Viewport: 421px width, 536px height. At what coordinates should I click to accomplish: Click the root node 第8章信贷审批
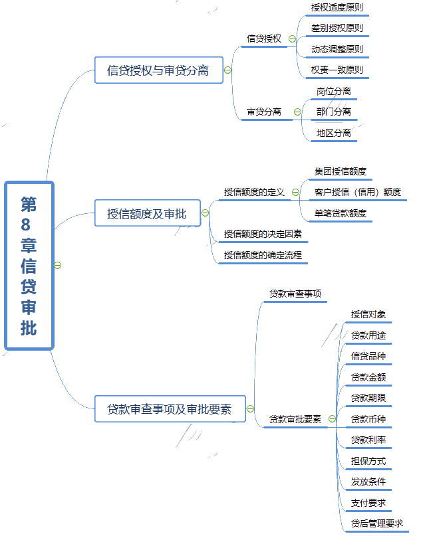[x=29, y=265]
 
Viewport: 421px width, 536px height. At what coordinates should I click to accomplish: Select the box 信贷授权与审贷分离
[x=158, y=70]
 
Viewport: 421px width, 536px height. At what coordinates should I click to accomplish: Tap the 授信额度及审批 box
[x=147, y=214]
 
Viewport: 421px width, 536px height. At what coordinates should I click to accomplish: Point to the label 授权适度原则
[x=337, y=8]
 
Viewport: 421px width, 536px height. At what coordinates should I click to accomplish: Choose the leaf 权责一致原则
[x=337, y=70]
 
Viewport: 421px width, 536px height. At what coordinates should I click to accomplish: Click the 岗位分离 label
[x=334, y=92]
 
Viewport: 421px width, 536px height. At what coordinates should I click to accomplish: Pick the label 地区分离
[x=334, y=133]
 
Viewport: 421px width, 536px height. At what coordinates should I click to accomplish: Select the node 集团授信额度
[x=341, y=172]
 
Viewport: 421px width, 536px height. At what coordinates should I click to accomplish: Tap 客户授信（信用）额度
[x=358, y=193]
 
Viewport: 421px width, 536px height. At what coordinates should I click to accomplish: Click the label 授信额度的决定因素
[x=263, y=234]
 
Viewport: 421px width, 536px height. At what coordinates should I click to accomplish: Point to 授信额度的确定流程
[x=263, y=255]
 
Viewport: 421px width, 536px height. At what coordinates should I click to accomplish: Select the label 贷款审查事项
[x=295, y=294]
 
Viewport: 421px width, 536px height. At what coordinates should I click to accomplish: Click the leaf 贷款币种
[x=368, y=419]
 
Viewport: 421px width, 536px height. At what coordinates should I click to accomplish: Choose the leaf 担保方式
[x=368, y=461]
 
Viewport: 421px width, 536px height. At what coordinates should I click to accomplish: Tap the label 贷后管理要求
[x=377, y=523]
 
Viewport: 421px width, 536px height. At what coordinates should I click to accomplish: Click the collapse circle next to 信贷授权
[x=292, y=39]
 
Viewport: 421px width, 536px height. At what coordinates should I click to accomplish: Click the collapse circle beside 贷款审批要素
[x=333, y=419]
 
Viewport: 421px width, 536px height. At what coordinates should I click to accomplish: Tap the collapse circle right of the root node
[x=58, y=265]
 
